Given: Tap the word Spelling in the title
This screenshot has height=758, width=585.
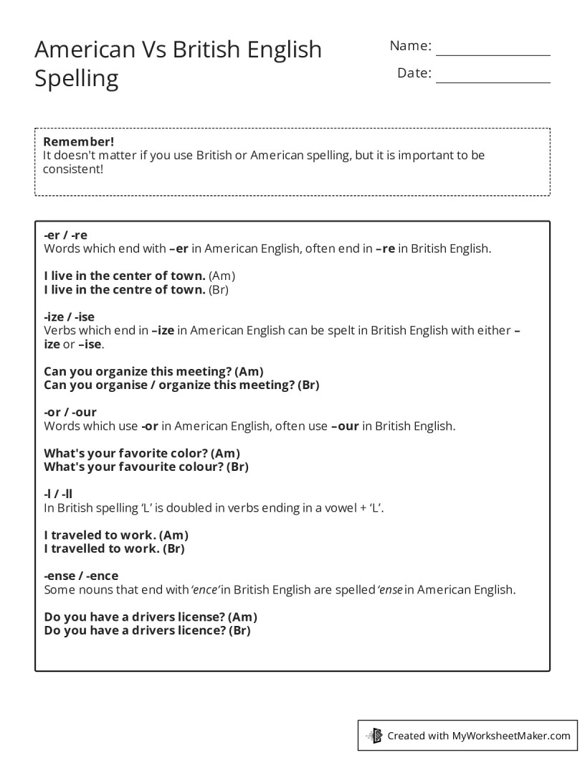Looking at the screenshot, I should click(77, 78).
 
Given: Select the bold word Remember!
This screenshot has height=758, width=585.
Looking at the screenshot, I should click(79, 141).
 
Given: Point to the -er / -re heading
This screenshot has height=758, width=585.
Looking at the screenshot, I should click(65, 235).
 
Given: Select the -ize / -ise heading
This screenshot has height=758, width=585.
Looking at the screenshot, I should click(69, 317).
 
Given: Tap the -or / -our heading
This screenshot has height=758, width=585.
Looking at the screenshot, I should click(70, 413).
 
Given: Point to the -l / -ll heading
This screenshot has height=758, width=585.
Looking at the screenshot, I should click(58, 494).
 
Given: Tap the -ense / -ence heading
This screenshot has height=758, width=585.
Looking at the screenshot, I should click(81, 576).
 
